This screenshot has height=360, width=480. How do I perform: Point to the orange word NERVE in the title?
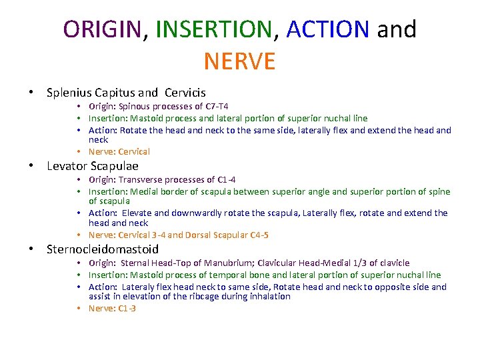click(239, 61)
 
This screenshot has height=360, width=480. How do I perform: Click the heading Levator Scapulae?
click(93, 166)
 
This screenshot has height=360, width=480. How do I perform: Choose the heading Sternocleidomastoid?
click(103, 249)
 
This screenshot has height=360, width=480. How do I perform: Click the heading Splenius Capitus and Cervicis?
click(126, 93)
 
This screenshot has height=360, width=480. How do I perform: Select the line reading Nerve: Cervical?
click(119, 151)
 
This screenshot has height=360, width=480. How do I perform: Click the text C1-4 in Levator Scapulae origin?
click(227, 180)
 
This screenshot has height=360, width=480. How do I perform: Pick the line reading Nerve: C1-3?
click(112, 308)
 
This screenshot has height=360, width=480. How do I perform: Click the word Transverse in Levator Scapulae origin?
click(141, 180)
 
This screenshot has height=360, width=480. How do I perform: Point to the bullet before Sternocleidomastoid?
click(31, 249)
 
